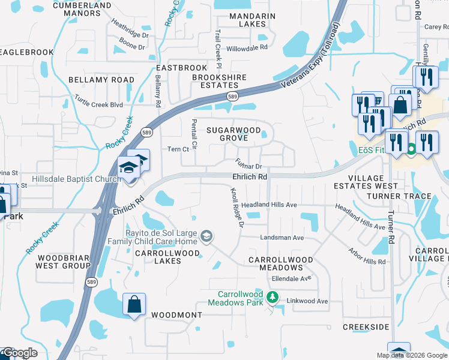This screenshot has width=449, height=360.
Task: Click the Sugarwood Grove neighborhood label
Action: [x=234, y=134]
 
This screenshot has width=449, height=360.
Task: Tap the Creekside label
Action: [x=366, y=327]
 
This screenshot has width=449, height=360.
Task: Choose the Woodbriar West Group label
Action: [x=64, y=262]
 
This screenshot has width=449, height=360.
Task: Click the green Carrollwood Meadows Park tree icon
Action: [x=273, y=297]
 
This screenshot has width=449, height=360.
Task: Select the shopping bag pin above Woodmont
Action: [x=134, y=305]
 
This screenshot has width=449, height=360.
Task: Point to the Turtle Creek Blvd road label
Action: [x=98, y=101]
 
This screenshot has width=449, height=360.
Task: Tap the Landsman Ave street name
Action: [x=282, y=238]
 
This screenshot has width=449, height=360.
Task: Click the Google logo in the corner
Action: [x=19, y=353]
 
